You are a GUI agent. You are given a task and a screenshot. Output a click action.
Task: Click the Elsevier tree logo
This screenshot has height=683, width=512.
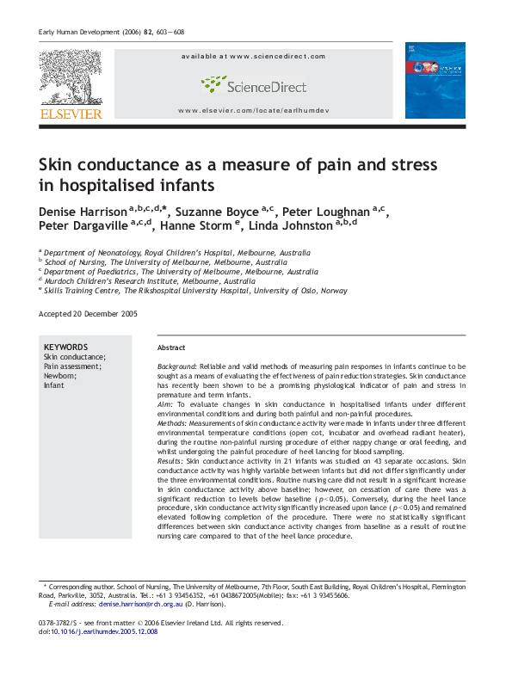point(70,79)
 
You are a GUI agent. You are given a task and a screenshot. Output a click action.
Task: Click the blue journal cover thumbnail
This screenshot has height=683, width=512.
point(435,80)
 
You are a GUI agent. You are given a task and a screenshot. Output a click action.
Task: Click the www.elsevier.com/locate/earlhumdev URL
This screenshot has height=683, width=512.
point(253,112)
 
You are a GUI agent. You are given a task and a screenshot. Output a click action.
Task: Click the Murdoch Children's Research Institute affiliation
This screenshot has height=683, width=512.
point(151,280)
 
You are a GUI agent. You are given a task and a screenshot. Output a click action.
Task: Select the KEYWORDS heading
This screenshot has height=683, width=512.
point(66,347)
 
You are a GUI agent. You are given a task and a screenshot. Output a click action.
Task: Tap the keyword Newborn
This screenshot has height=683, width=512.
point(60,376)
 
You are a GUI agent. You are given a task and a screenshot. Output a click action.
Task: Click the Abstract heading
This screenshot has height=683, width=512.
point(171,348)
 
